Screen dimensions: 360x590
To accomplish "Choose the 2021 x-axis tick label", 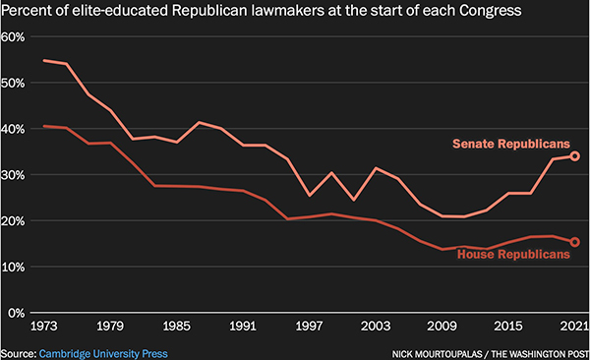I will point(570,326).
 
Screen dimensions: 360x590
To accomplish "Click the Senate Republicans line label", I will point(511,144).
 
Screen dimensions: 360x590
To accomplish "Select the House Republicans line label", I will point(513,256).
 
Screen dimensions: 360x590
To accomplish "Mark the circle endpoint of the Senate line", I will point(575,155).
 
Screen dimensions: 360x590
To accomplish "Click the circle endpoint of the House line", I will point(575,242).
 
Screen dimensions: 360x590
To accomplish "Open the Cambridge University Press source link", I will point(103,352).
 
